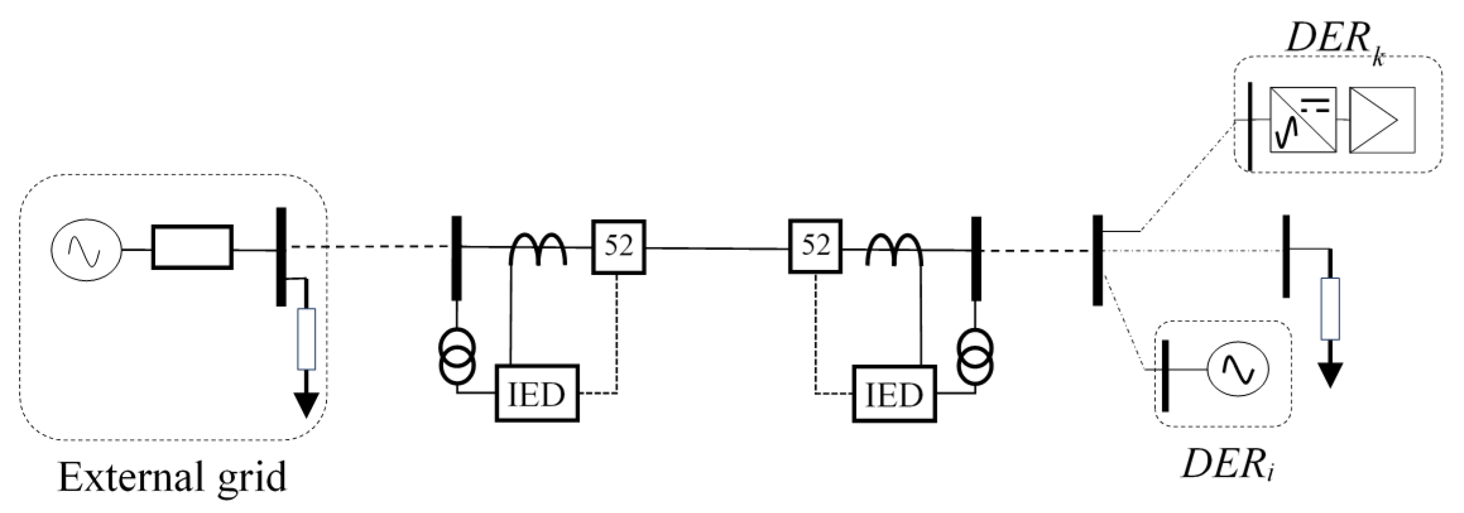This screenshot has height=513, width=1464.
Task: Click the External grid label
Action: click(172, 478)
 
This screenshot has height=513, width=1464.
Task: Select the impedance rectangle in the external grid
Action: click(192, 247)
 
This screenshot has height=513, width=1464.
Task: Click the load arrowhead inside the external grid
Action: click(306, 404)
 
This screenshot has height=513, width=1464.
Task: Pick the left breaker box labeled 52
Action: click(618, 247)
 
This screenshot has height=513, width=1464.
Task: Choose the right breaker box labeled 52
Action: click(814, 246)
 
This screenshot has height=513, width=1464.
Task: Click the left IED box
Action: click(536, 393)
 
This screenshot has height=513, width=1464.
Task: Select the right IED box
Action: click(893, 393)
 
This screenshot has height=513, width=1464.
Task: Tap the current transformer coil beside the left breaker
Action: click(537, 249)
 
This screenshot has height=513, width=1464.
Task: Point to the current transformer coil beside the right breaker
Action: click(894, 249)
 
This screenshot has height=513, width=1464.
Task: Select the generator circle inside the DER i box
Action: click(1239, 370)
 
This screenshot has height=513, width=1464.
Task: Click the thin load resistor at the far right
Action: click(1330, 309)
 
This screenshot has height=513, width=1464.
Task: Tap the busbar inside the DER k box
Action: click(1251, 126)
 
